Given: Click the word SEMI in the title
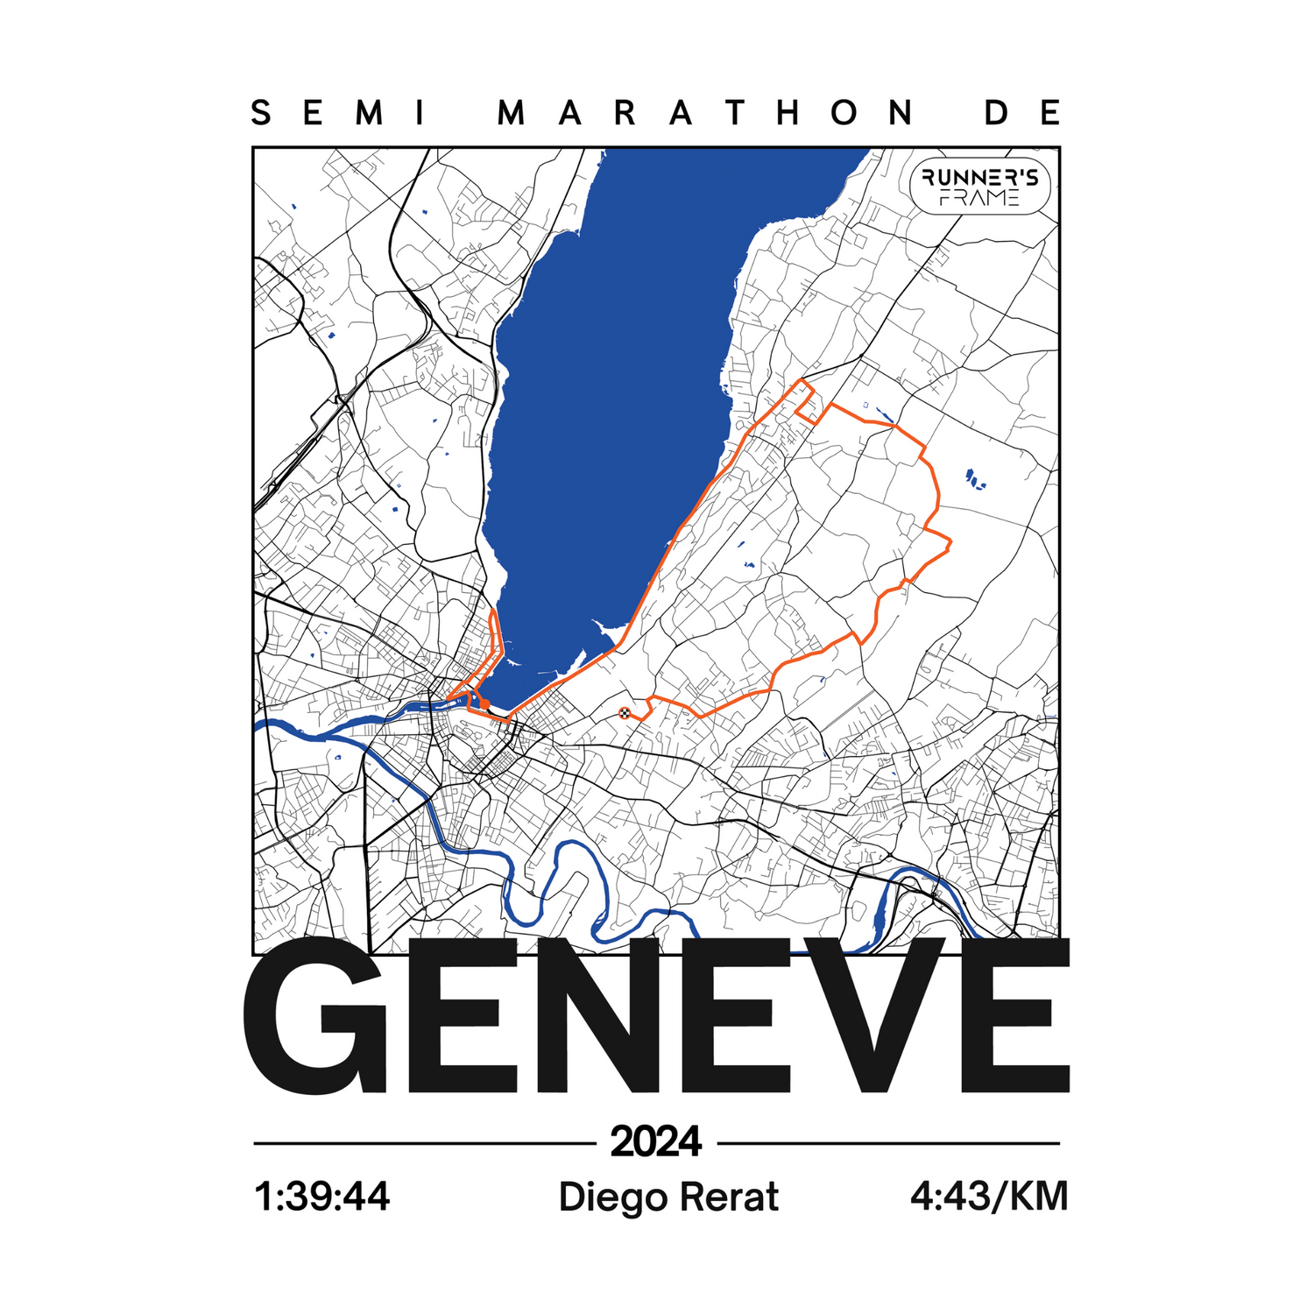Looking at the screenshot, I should (338, 113).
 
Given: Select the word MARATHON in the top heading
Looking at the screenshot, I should (706, 113).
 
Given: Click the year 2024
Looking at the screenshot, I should (656, 1141).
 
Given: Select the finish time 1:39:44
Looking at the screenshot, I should (321, 1197).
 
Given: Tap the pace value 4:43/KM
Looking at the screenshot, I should (989, 1197).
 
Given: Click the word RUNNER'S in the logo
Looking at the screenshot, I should (979, 178).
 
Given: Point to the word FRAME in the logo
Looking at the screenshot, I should (979, 199).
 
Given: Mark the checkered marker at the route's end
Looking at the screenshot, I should (624, 712).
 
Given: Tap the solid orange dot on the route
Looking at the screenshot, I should (484, 703).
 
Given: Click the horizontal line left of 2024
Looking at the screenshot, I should (424, 1143).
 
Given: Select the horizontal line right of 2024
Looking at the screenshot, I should (888, 1143).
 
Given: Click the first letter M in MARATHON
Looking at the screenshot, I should (512, 113).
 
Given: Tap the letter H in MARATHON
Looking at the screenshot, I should (788, 113).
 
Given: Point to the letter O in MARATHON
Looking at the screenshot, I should (844, 113).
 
